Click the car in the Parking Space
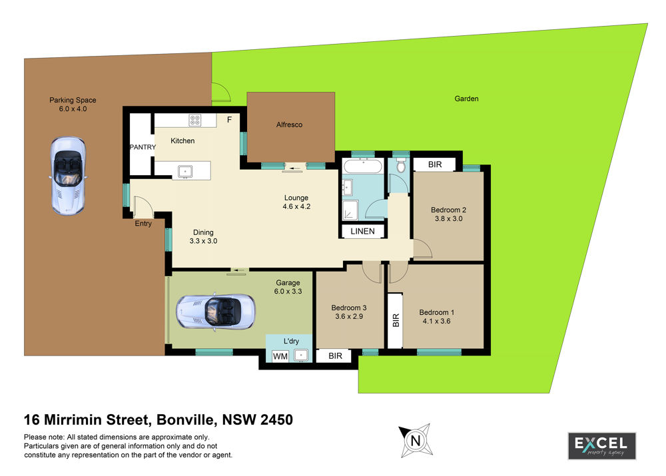coord(68,175)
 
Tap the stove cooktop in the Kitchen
coord(195,120)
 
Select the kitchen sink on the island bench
coord(185,172)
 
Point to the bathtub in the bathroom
coord(363,166)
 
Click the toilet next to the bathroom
coord(401,165)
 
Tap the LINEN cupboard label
coord(363,232)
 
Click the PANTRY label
coord(143,147)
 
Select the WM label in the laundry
coord(280,356)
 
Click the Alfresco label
coord(289,124)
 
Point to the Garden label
coord(466,99)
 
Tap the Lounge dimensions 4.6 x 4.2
coord(296,207)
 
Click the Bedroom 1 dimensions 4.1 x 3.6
coord(437,321)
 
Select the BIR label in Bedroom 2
coord(435,164)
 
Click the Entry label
coord(143,224)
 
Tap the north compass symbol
coord(416,440)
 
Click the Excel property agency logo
coord(602,446)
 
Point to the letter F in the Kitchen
coord(229,120)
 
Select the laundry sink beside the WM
coord(301,355)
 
